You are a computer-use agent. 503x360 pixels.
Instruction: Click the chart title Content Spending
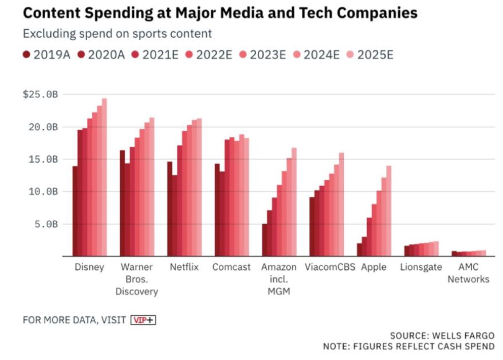220,13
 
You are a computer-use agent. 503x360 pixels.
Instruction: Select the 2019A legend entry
47,55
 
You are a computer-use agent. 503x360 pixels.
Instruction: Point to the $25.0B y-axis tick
40,95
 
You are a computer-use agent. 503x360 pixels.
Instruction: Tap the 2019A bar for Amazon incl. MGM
264,240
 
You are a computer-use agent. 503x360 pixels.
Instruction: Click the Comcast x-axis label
231,267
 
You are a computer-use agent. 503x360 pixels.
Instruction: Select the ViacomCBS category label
330,267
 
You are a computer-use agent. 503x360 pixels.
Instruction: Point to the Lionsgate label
421,267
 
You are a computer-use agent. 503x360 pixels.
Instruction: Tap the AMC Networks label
468,273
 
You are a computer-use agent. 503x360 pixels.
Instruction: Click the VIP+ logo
143,320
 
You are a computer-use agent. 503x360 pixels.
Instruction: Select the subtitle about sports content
117,34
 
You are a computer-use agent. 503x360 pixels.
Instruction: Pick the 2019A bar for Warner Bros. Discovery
122,203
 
